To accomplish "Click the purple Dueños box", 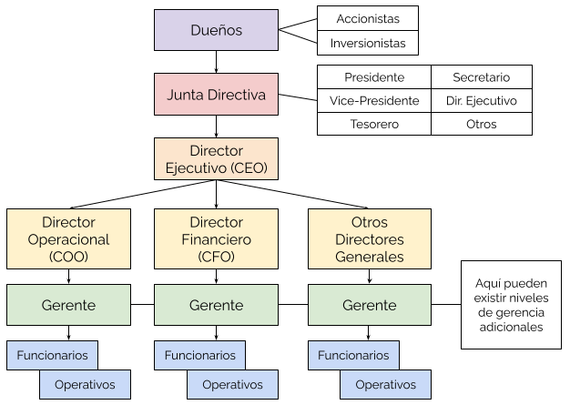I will [216, 30].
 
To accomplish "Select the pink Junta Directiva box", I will [216, 95].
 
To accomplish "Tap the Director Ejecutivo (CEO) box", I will [216, 159].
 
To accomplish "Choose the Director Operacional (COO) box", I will [68, 239].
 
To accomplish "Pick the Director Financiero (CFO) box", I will [216, 239].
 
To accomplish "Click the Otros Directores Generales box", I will [369, 239].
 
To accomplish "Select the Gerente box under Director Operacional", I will [68, 305].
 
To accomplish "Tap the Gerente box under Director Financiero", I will [216, 305].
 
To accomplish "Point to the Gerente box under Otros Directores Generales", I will [369, 305].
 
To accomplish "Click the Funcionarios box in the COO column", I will [52, 355].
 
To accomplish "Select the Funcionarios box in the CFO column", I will [199, 355].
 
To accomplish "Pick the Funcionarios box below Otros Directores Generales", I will [353, 355].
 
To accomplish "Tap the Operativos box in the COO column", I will [85, 384].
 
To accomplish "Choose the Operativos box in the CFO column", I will [232, 384].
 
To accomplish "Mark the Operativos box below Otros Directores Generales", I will [385, 384].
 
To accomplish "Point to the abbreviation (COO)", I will [68, 258].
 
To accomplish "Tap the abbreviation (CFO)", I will [216, 258].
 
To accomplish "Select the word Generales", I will [369, 258].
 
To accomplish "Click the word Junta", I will [188, 95].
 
